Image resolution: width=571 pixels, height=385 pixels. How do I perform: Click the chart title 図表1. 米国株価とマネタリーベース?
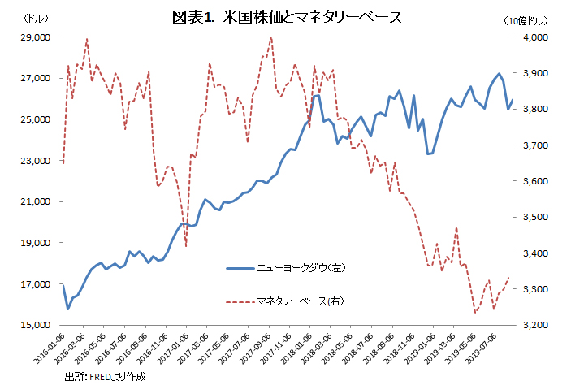[x=287, y=17]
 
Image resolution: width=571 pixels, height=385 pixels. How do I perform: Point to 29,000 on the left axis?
[x=37, y=37]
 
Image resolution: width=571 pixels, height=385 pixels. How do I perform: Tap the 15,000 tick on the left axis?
[x=37, y=325]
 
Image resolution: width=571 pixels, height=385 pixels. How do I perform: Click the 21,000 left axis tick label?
[x=37, y=201]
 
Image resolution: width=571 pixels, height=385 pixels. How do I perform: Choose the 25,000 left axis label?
[x=37, y=119]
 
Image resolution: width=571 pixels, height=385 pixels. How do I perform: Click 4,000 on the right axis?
[x=536, y=37]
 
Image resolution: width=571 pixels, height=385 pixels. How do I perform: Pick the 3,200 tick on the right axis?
[x=536, y=325]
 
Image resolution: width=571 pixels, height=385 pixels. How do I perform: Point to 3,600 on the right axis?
[x=536, y=181]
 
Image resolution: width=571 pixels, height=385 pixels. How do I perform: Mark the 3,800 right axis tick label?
[x=536, y=110]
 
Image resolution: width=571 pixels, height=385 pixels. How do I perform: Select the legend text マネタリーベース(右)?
[x=300, y=302]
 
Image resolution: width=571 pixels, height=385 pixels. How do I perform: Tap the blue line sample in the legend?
[x=239, y=267]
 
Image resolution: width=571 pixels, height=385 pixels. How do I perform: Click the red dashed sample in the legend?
[x=239, y=302]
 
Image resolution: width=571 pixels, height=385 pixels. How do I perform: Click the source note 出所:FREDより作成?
[x=106, y=376]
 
